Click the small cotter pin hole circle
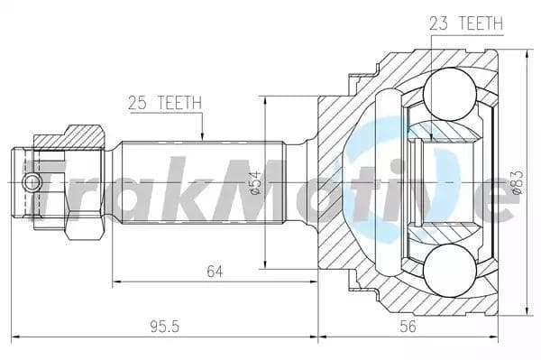pos(33,183)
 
